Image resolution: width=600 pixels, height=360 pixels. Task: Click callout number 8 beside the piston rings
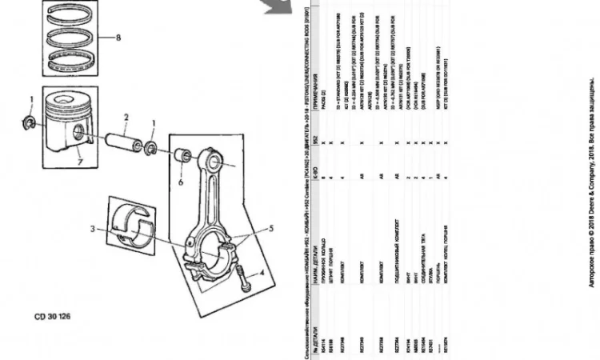[x=118, y=38]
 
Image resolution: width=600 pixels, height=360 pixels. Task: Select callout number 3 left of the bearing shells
[x=93, y=230]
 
